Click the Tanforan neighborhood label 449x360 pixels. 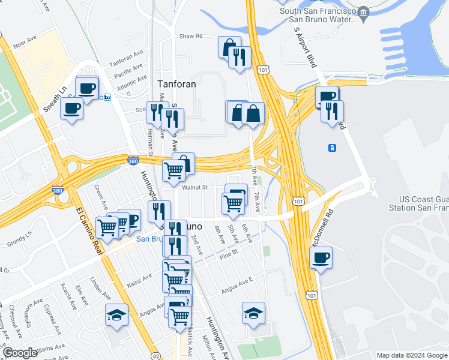coord(176,84)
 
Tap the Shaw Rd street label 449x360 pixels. coord(191,37)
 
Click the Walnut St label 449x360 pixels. coord(194,187)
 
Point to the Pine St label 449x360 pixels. coord(229,253)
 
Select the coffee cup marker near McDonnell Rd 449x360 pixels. coord(321,258)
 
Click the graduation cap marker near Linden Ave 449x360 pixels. coord(116,314)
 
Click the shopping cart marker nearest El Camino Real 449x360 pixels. coord(107,227)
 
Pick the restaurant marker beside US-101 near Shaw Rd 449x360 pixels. coord(240,57)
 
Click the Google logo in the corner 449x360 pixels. coord(20,353)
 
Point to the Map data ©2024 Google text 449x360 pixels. coord(411,355)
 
